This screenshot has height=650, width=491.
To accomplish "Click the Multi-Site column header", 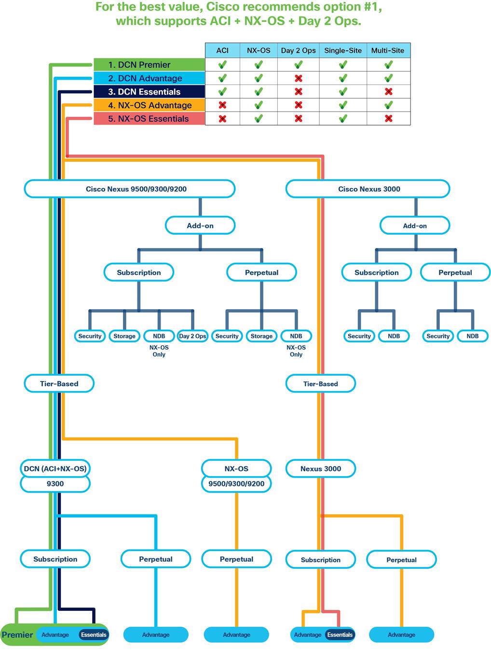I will pyautogui.click(x=388, y=50).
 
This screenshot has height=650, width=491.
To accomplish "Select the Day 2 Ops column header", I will pyautogui.click(x=298, y=50).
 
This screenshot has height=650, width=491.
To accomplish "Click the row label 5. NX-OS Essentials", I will pyautogui.click(x=149, y=119).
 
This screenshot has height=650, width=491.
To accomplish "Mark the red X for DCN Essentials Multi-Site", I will pyautogui.click(x=388, y=91).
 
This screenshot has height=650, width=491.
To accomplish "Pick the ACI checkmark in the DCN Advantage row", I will pyautogui.click(x=222, y=78).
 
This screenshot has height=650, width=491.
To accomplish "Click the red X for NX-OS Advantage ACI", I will pyautogui.click(x=222, y=105).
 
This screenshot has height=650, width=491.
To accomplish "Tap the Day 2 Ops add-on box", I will pyautogui.click(x=192, y=336).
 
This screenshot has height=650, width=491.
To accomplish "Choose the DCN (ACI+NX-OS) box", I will pyautogui.click(x=55, y=468).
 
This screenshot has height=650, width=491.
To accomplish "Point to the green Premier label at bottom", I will pyautogui.click(x=17, y=635).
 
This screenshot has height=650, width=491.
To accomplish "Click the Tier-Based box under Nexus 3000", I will pyautogui.click(x=321, y=384).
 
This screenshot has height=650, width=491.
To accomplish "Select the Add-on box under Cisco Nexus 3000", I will pyautogui.click(x=415, y=226).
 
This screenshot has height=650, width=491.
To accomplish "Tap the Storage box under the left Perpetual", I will pyautogui.click(x=261, y=336).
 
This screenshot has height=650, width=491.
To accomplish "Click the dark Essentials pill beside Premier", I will pyautogui.click(x=94, y=635).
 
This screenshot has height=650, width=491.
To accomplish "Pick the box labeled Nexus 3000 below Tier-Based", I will pyautogui.click(x=321, y=468).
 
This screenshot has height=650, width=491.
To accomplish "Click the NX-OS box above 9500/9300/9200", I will pyautogui.click(x=236, y=468).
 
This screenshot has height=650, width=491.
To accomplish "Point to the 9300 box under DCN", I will pyautogui.click(x=55, y=484).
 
